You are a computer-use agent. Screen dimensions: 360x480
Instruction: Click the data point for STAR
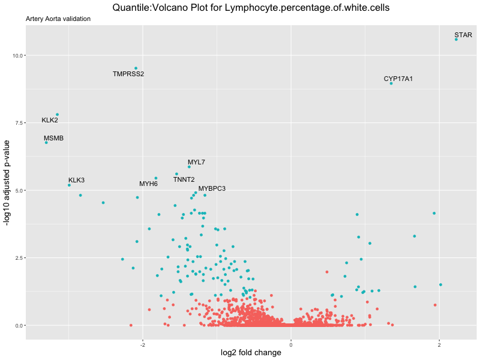pos(456,39)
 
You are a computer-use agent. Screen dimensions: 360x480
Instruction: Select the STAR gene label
pos(463,35)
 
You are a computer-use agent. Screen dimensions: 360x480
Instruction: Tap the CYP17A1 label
pos(398,79)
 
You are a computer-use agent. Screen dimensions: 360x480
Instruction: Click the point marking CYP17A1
pos(391,83)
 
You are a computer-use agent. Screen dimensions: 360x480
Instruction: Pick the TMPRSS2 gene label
pos(128,74)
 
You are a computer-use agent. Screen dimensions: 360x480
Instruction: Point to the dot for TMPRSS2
pos(136,68)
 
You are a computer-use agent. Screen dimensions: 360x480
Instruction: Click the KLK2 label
pos(50,121)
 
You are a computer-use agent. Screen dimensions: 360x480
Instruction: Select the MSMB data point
pos(46,142)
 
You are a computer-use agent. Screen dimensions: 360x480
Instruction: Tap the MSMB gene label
pos(53,138)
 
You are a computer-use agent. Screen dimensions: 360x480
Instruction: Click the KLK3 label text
pos(76,180)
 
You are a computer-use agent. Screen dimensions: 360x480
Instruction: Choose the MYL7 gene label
pos(196,162)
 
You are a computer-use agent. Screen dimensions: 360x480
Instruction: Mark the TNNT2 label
pos(184,179)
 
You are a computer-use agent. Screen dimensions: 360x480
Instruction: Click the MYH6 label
pos(148,184)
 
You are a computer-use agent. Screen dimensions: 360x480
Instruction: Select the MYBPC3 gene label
pos(212,188)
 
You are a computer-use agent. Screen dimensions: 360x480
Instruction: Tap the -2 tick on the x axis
pos(143,344)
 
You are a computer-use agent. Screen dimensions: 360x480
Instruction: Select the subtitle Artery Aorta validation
pos(58,19)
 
